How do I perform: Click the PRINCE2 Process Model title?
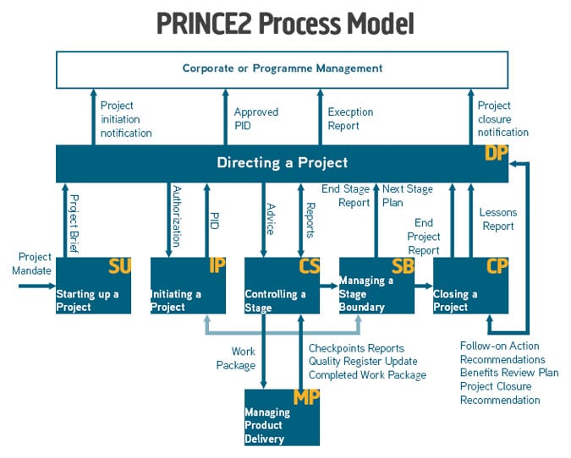click(x=285, y=24)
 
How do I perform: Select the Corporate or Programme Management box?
click(x=282, y=70)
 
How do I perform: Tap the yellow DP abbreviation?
click(x=496, y=153)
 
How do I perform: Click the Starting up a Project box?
click(x=93, y=286)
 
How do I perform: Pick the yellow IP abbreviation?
click(x=217, y=265)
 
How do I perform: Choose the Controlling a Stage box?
click(x=283, y=286)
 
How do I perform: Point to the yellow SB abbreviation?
click(x=403, y=266)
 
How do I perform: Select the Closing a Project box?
click(x=470, y=286)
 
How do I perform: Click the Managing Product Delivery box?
click(x=283, y=417)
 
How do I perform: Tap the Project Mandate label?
click(x=31, y=264)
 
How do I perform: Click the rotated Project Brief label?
click(x=74, y=224)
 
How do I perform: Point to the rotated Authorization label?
click(x=177, y=216)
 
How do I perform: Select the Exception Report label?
click(x=350, y=118)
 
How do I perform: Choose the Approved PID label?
click(x=256, y=118)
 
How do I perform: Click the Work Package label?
click(x=236, y=358)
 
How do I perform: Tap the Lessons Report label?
click(x=497, y=219)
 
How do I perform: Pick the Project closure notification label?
click(x=502, y=119)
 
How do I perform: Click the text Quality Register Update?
click(x=363, y=361)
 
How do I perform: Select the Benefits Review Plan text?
click(x=509, y=373)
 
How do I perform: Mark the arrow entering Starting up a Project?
click(x=36, y=286)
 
